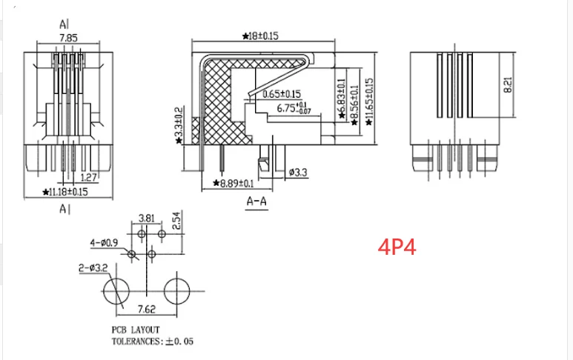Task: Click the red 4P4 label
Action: pyautogui.click(x=397, y=247)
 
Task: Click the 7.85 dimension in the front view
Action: pyautogui.click(x=68, y=38)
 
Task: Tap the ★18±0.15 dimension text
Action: pyautogui.click(x=260, y=36)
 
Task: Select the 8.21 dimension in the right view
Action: pyautogui.click(x=508, y=84)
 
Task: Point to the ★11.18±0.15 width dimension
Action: pyautogui.click(x=65, y=192)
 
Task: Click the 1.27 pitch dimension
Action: pyautogui.click(x=88, y=178)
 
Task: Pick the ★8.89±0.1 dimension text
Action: pyautogui.click(x=233, y=183)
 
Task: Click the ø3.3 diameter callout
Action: pyautogui.click(x=298, y=172)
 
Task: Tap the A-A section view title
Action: pyautogui.click(x=256, y=201)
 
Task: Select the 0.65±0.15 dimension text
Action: pyautogui.click(x=282, y=94)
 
